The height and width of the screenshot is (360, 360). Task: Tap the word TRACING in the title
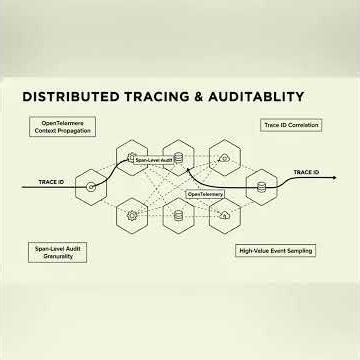tap(150, 97)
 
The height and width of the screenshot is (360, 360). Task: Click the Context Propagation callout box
tap(60, 127)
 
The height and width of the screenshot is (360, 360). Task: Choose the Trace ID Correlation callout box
tap(288, 124)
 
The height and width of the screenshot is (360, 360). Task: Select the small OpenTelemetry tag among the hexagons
tap(204, 193)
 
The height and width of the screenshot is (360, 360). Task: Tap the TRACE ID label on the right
tap(306, 173)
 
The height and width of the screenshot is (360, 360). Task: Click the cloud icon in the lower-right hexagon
tap(226, 215)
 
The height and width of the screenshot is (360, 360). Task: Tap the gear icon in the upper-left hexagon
tap(132, 157)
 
